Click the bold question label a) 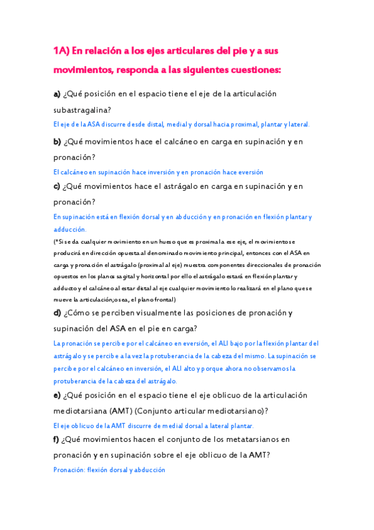tap(57, 94)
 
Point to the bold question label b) tap(57, 142)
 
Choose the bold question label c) tap(57, 186)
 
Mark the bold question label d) tap(57, 312)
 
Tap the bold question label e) tap(57, 396)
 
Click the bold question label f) tap(56, 440)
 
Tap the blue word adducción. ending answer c tap(69, 229)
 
